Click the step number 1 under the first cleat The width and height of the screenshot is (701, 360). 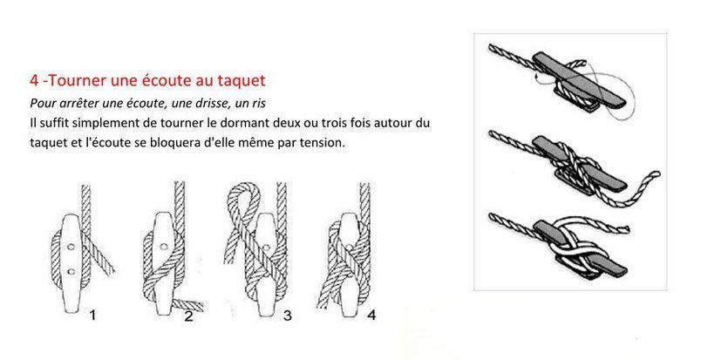point(92,316)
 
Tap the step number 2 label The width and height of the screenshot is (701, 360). point(188,316)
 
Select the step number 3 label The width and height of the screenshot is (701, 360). point(288,316)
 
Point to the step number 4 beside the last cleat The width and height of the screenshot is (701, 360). point(371,315)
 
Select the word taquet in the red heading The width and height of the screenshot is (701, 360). point(242,81)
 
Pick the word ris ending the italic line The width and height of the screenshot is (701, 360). point(258,104)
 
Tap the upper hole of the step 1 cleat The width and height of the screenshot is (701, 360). point(71,247)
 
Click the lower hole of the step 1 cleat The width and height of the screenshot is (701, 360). point(71,271)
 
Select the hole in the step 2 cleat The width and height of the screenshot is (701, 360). point(164,247)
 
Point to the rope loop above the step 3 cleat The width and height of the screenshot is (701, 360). point(243,192)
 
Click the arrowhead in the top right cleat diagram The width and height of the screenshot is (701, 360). point(536,80)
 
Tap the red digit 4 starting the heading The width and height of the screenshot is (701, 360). point(34,81)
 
